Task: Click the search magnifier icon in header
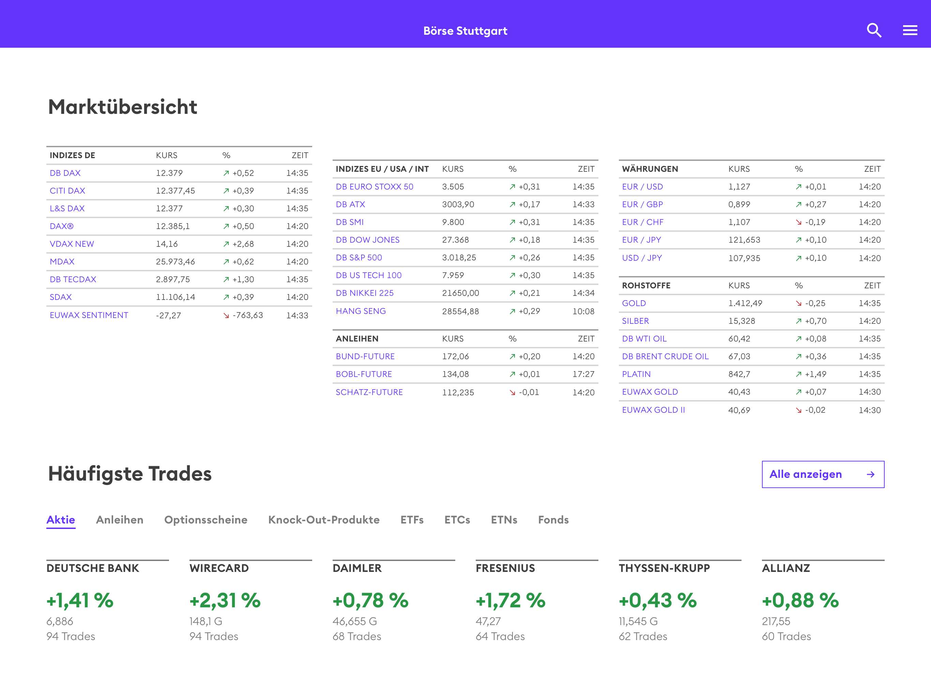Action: [x=874, y=30]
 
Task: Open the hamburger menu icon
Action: [x=910, y=30]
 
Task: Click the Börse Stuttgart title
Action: [x=465, y=31]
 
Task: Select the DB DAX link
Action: [x=65, y=173]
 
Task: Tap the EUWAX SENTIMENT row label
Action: [x=89, y=315]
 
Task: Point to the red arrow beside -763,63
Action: [x=226, y=315]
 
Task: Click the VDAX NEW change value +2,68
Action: [x=243, y=244]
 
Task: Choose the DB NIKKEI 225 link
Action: [x=365, y=293]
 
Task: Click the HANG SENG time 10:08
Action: [x=583, y=311]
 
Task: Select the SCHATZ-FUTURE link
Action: [x=369, y=392]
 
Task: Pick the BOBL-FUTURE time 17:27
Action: [x=583, y=374]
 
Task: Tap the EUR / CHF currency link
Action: [x=642, y=222]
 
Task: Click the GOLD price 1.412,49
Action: [x=745, y=303]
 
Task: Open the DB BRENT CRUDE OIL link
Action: [x=665, y=356]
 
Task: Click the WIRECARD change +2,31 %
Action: [x=225, y=600]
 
